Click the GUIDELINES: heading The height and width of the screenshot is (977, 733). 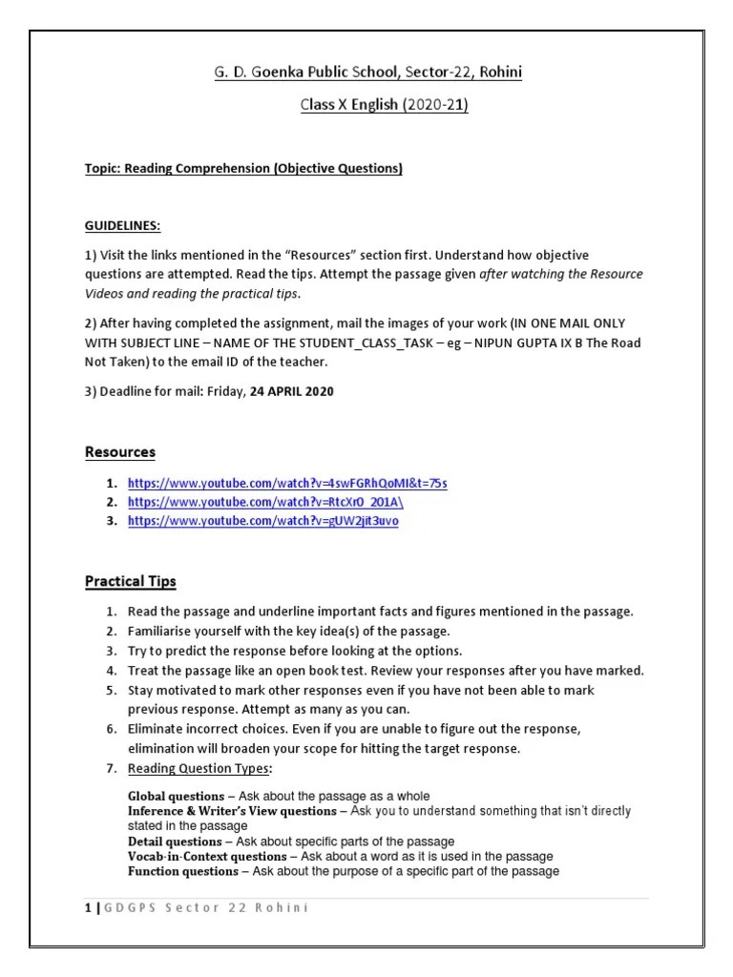(x=121, y=226)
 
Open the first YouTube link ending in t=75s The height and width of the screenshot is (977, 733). (x=286, y=483)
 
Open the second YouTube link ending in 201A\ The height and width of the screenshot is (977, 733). (x=272, y=502)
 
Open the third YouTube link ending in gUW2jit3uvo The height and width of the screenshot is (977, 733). (x=262, y=521)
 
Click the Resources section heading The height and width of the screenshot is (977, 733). (x=119, y=451)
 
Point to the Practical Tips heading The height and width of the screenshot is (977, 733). (x=131, y=581)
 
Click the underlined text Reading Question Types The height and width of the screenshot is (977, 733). (x=199, y=768)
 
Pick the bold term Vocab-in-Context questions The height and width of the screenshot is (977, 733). (x=206, y=857)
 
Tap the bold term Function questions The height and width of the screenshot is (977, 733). (x=182, y=871)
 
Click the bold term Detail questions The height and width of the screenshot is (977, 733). (x=173, y=842)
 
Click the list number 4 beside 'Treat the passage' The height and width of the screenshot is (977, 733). (x=111, y=670)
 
